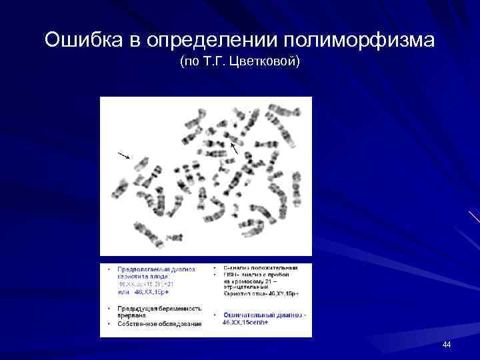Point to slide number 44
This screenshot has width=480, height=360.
pyautogui.click(x=447, y=344)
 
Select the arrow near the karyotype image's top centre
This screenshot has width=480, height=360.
pyautogui.click(x=233, y=147)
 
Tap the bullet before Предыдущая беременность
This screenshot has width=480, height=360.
pyautogui.click(x=109, y=309)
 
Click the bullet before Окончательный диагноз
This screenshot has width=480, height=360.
pyautogui.click(x=214, y=315)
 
